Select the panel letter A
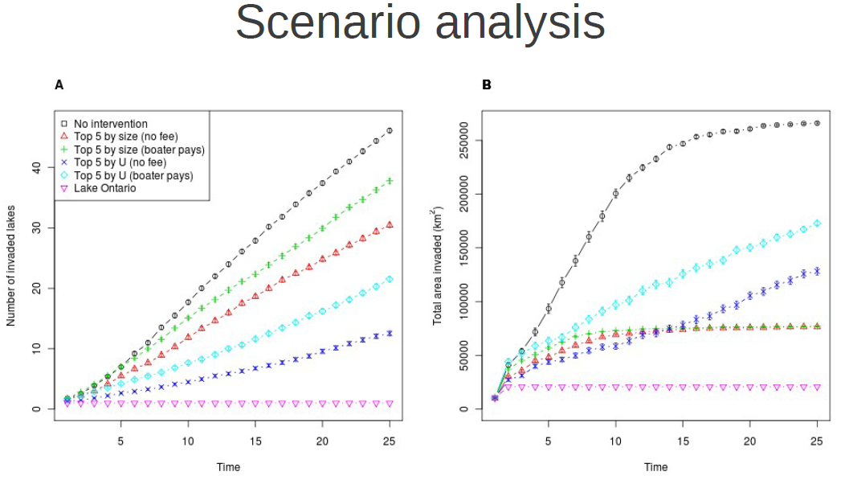pos(59,84)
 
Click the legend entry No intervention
pos(110,124)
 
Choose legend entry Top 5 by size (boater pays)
pos(138,150)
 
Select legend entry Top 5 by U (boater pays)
pos(133,175)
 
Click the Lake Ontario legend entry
pos(104,188)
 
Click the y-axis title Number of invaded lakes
pos(12,265)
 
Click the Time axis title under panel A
pos(228,467)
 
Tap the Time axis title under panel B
pos(655,467)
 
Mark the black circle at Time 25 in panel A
pos(390,130)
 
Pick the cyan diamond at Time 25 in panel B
pos(817,224)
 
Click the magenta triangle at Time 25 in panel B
pos(817,388)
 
